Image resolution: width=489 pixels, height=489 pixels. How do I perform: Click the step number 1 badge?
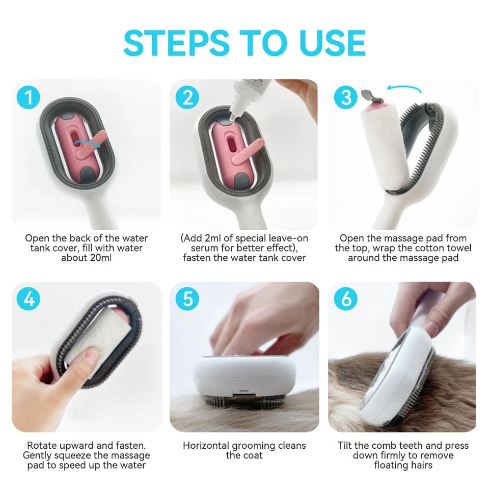click(29, 97)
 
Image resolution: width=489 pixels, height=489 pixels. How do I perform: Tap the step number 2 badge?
click(188, 97)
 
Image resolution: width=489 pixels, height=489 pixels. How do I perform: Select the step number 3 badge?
click(346, 97)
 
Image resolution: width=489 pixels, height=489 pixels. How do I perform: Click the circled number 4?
click(29, 300)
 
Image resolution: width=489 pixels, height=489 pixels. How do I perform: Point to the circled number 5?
click(188, 300)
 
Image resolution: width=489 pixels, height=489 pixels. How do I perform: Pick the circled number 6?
click(346, 300)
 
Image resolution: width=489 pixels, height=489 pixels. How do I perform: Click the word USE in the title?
click(332, 43)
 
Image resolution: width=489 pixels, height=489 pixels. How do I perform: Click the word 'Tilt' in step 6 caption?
click(346, 445)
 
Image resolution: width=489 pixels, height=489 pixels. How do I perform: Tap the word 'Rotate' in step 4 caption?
click(42, 445)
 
